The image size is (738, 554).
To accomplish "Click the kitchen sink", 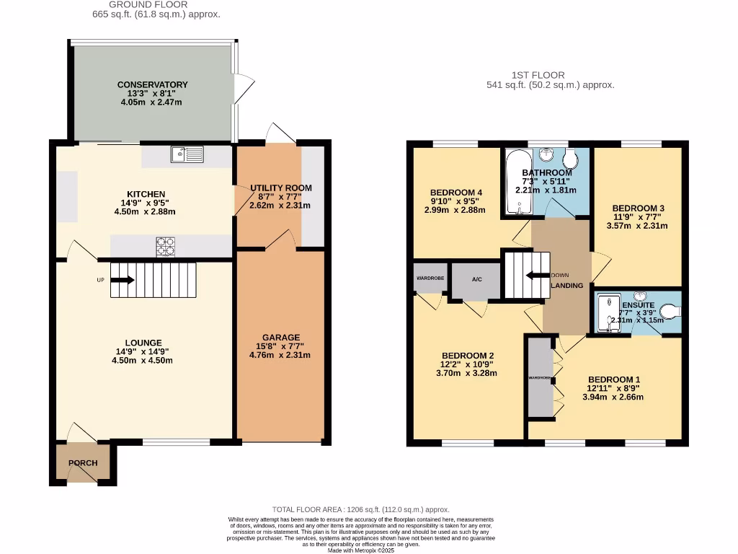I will (x=187, y=153).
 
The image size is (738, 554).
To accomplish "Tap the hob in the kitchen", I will (x=166, y=247).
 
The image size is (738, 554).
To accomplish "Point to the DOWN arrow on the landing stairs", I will (x=536, y=275).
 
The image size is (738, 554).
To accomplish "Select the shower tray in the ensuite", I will (x=609, y=315).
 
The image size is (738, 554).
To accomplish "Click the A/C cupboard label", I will (x=476, y=280).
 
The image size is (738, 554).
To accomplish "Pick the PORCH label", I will (x=83, y=463).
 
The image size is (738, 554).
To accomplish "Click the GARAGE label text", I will (x=280, y=337).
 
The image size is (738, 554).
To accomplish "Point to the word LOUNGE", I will (x=143, y=343).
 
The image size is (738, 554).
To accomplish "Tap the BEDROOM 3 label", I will (x=638, y=208).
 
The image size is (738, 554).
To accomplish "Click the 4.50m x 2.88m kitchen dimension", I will (x=145, y=211).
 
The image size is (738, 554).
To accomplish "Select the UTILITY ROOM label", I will (x=281, y=188).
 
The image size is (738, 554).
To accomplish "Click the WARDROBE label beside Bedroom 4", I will (x=430, y=278).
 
